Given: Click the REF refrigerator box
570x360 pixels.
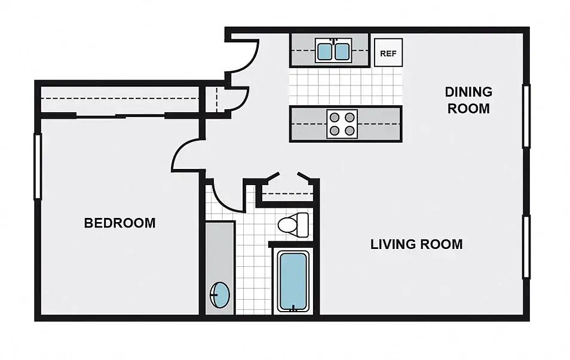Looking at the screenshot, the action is click(x=388, y=53).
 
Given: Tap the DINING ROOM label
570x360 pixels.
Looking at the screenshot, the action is click(x=468, y=100).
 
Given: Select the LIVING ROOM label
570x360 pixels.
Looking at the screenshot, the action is click(x=416, y=244).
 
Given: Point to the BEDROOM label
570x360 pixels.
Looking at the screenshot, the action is click(x=119, y=223).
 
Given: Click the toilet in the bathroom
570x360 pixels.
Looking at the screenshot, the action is click(x=293, y=224).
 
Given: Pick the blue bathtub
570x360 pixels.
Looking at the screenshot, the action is click(x=293, y=281).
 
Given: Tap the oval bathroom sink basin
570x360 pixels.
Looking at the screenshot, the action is click(x=220, y=295).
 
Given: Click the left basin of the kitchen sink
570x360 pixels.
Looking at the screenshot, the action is click(x=324, y=51).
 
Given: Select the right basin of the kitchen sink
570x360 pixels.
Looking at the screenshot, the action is click(x=342, y=51).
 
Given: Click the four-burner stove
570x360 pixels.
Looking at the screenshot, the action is click(x=342, y=124).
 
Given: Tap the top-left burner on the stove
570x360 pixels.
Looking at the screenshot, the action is click(x=335, y=118).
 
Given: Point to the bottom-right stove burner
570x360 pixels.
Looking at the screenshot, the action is click(x=350, y=131).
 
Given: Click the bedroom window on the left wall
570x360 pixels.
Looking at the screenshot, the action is click(x=38, y=167).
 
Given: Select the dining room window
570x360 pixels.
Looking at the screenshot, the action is click(x=526, y=116).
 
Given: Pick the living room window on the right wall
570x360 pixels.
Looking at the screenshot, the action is click(x=526, y=247).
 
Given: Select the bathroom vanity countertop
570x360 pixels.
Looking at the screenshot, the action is click(x=220, y=268).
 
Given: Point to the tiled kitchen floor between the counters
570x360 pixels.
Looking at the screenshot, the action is click(x=346, y=87).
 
